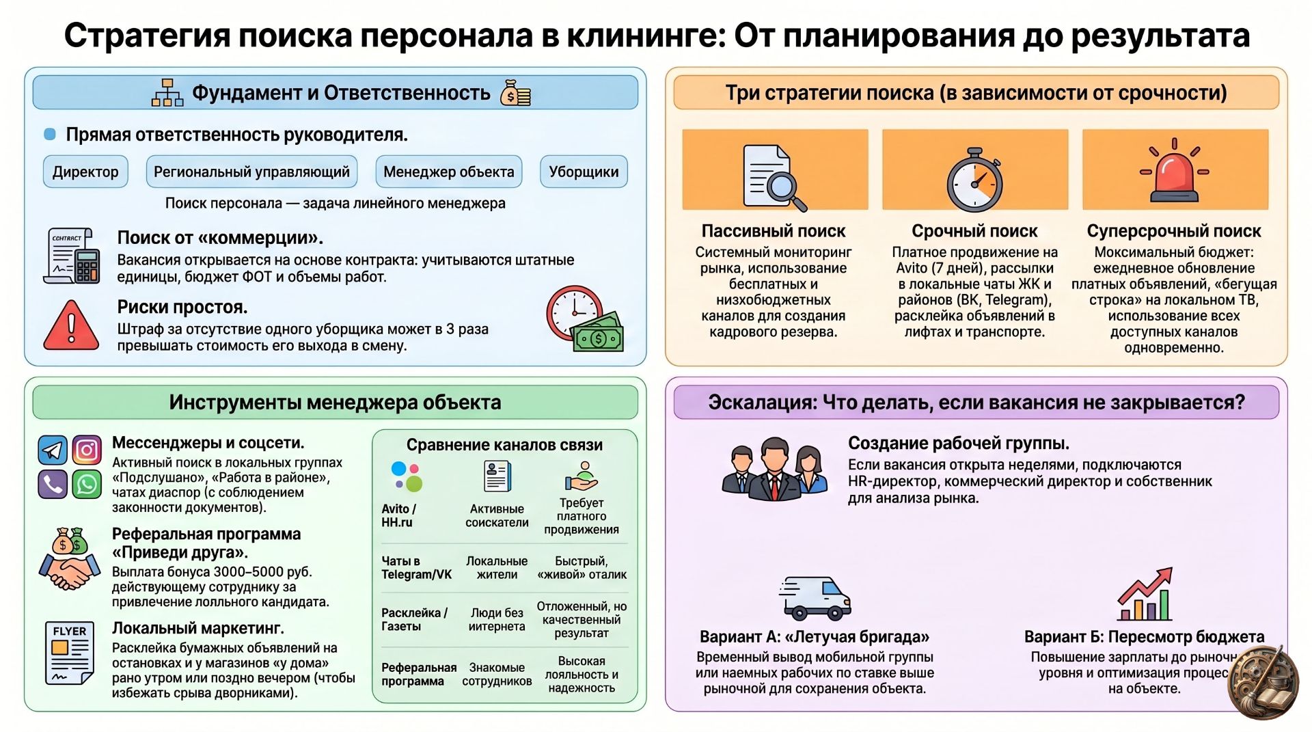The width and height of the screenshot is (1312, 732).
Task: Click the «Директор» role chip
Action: [x=85, y=172]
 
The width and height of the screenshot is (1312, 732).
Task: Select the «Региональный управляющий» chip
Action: [x=251, y=172]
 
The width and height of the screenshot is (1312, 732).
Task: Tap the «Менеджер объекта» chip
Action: [x=449, y=172]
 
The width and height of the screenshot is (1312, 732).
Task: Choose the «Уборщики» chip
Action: [x=584, y=172]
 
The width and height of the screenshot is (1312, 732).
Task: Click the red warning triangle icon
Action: [x=71, y=325]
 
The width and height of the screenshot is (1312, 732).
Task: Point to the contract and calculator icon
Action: [x=72, y=256]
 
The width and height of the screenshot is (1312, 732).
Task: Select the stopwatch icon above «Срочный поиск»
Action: [x=974, y=180]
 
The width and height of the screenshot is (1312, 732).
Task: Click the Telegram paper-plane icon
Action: [x=53, y=450]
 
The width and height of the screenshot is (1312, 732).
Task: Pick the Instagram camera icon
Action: [x=87, y=450]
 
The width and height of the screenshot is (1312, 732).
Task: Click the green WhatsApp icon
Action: [x=87, y=485]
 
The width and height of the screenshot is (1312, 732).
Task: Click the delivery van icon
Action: [x=815, y=597]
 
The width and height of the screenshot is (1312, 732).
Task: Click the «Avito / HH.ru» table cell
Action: [x=398, y=515]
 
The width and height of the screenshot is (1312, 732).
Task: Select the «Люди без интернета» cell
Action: [x=497, y=619]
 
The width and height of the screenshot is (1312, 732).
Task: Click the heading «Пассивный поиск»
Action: [x=774, y=231]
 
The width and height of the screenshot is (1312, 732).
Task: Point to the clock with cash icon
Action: [x=585, y=318]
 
